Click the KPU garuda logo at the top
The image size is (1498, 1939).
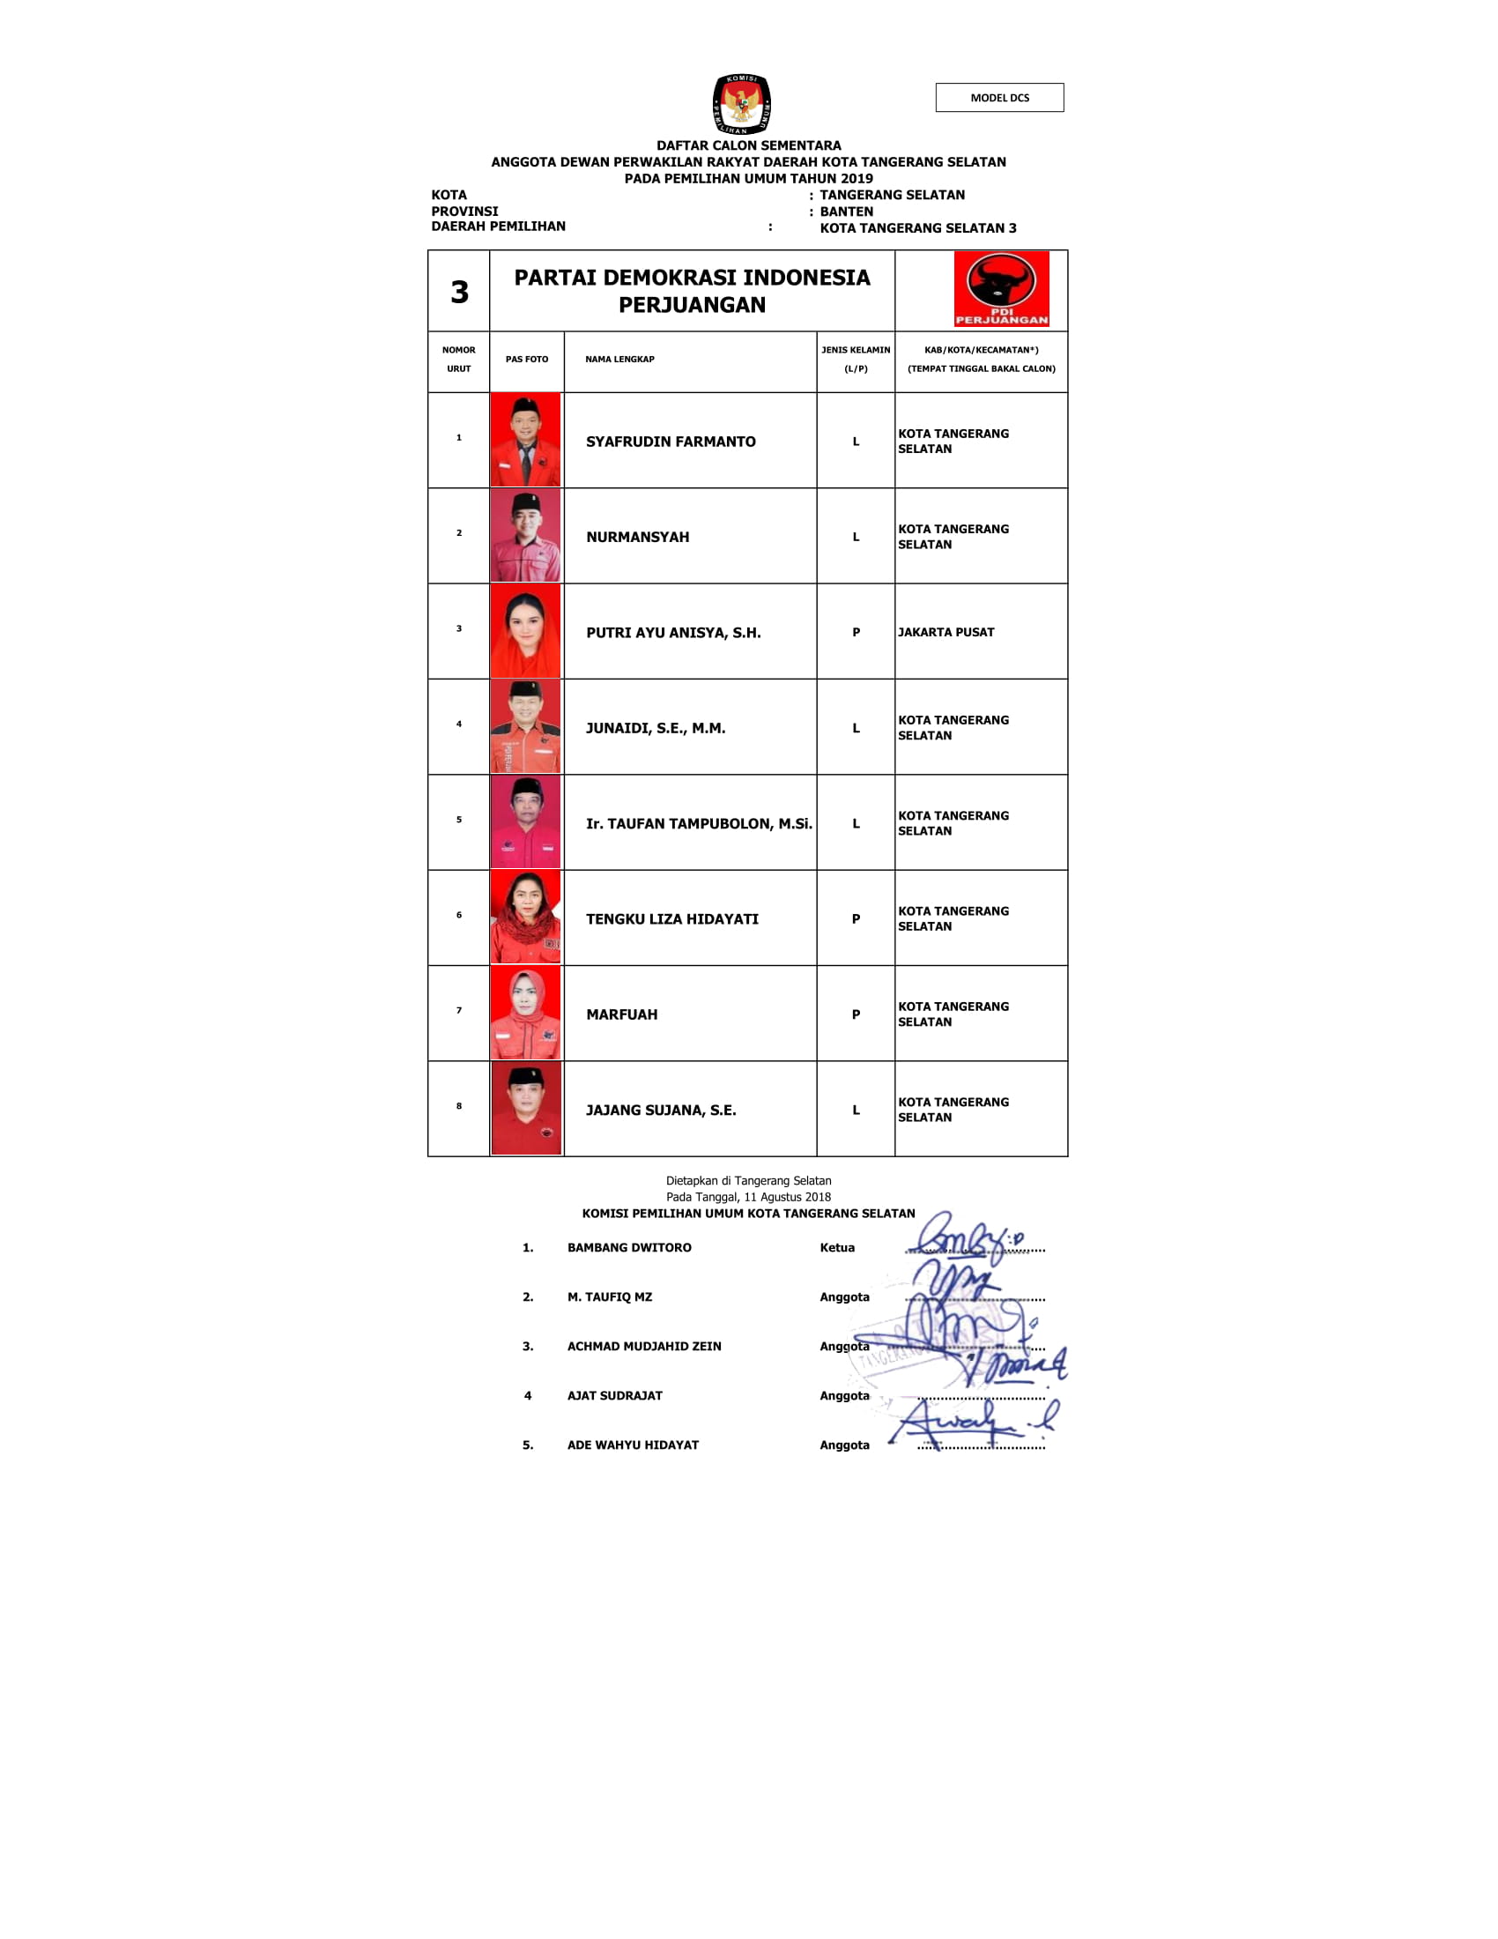[741, 104]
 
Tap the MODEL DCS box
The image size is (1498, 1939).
[999, 98]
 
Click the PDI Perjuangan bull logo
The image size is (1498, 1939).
[1001, 288]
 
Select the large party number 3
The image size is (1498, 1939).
[459, 292]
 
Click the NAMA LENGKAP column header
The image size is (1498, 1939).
[619, 360]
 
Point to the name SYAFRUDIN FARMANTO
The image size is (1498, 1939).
[670, 442]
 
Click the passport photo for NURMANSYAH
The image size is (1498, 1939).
[525, 536]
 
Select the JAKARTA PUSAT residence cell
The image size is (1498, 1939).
[946, 632]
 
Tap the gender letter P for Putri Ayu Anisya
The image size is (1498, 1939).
[856, 632]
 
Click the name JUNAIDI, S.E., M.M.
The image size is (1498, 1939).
[655, 728]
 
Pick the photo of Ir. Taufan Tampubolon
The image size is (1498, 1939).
[525, 822]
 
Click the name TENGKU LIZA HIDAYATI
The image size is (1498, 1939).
[671, 919]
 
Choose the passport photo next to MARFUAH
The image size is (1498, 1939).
[525, 1013]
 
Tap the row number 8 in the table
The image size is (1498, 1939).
[459, 1106]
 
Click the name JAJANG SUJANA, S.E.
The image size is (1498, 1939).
[660, 1110]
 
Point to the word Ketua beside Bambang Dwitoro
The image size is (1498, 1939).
[837, 1247]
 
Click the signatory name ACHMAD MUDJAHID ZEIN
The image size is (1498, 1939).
[643, 1346]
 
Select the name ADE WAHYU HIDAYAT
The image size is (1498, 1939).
[633, 1445]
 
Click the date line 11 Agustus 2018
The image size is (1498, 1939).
[748, 1197]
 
